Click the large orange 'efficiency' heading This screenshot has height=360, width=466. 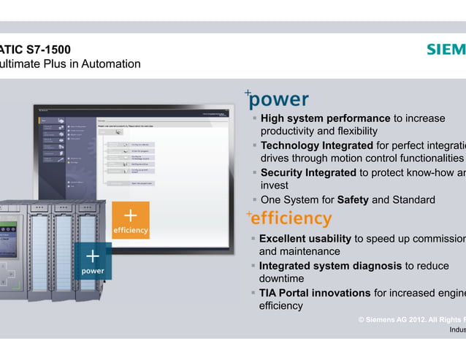click(x=291, y=218)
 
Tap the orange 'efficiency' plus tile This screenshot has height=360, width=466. click(x=130, y=220)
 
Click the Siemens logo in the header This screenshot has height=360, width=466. click(x=446, y=50)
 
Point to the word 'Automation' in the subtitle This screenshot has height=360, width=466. click(x=111, y=64)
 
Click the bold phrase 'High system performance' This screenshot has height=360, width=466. click(x=325, y=118)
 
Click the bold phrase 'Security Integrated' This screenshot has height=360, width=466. click(x=308, y=172)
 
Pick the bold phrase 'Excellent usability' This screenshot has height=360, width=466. click(x=305, y=239)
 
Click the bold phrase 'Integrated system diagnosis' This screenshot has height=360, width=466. click(x=329, y=266)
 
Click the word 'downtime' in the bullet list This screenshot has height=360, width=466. click(x=281, y=279)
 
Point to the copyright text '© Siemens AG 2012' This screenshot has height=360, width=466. click(x=400, y=320)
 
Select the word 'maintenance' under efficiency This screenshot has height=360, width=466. click(x=302, y=252)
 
